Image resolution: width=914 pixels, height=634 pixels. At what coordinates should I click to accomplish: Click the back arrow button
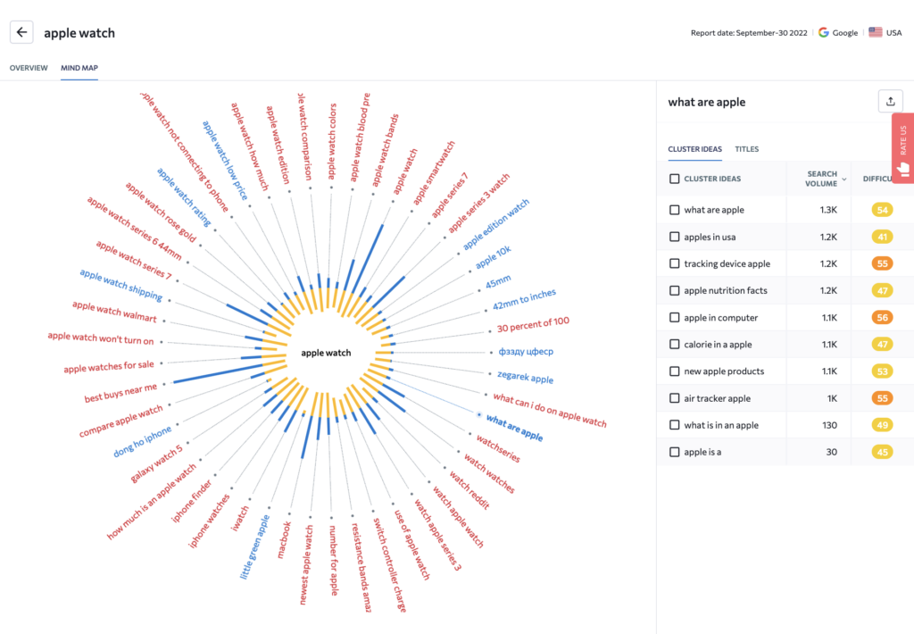[x=21, y=32]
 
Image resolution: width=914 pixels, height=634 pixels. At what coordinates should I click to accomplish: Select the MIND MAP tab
[x=79, y=68]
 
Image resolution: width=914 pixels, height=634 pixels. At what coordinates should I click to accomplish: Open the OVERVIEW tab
[x=29, y=68]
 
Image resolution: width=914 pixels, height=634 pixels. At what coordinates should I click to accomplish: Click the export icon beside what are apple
[x=890, y=102]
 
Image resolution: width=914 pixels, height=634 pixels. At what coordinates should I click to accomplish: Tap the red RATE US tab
[x=902, y=148]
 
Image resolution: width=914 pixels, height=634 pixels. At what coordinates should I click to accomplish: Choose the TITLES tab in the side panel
[x=746, y=149]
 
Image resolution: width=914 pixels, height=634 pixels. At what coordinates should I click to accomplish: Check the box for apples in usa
[x=675, y=237]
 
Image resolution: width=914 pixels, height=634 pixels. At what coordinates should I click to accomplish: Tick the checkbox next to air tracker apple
[x=675, y=398]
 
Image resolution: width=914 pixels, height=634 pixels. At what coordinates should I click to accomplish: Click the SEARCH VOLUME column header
[x=822, y=179]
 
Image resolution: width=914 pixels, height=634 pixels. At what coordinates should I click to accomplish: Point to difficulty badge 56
[x=882, y=317]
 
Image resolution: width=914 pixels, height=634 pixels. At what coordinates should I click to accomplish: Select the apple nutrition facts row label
[x=726, y=290]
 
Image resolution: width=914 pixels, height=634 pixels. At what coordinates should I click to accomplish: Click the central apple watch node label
[x=326, y=353]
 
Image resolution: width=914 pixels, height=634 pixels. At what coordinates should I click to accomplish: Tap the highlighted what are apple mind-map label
[x=514, y=430]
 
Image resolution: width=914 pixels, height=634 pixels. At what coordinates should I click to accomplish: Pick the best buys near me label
[x=120, y=392]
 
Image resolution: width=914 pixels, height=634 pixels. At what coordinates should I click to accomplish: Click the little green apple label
[x=254, y=546]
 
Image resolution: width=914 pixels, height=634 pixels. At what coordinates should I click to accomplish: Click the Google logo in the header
[x=823, y=33]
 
